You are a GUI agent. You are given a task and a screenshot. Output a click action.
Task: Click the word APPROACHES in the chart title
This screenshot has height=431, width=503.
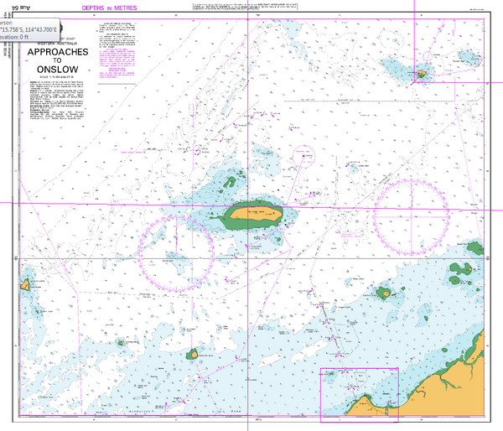point(58,51)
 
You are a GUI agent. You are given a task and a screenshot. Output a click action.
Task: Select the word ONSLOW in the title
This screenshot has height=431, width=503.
point(58,70)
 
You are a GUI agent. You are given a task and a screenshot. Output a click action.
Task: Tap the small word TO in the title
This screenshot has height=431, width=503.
point(58,60)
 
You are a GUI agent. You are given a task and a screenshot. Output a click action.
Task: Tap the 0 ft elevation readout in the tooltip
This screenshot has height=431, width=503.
point(17,37)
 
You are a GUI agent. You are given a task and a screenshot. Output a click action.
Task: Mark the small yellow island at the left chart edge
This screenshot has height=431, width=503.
point(27,285)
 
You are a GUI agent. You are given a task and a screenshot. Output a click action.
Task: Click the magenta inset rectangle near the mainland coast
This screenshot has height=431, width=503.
point(359,393)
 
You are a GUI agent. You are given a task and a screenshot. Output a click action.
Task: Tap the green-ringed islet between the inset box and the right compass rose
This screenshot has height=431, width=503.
point(385,293)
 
